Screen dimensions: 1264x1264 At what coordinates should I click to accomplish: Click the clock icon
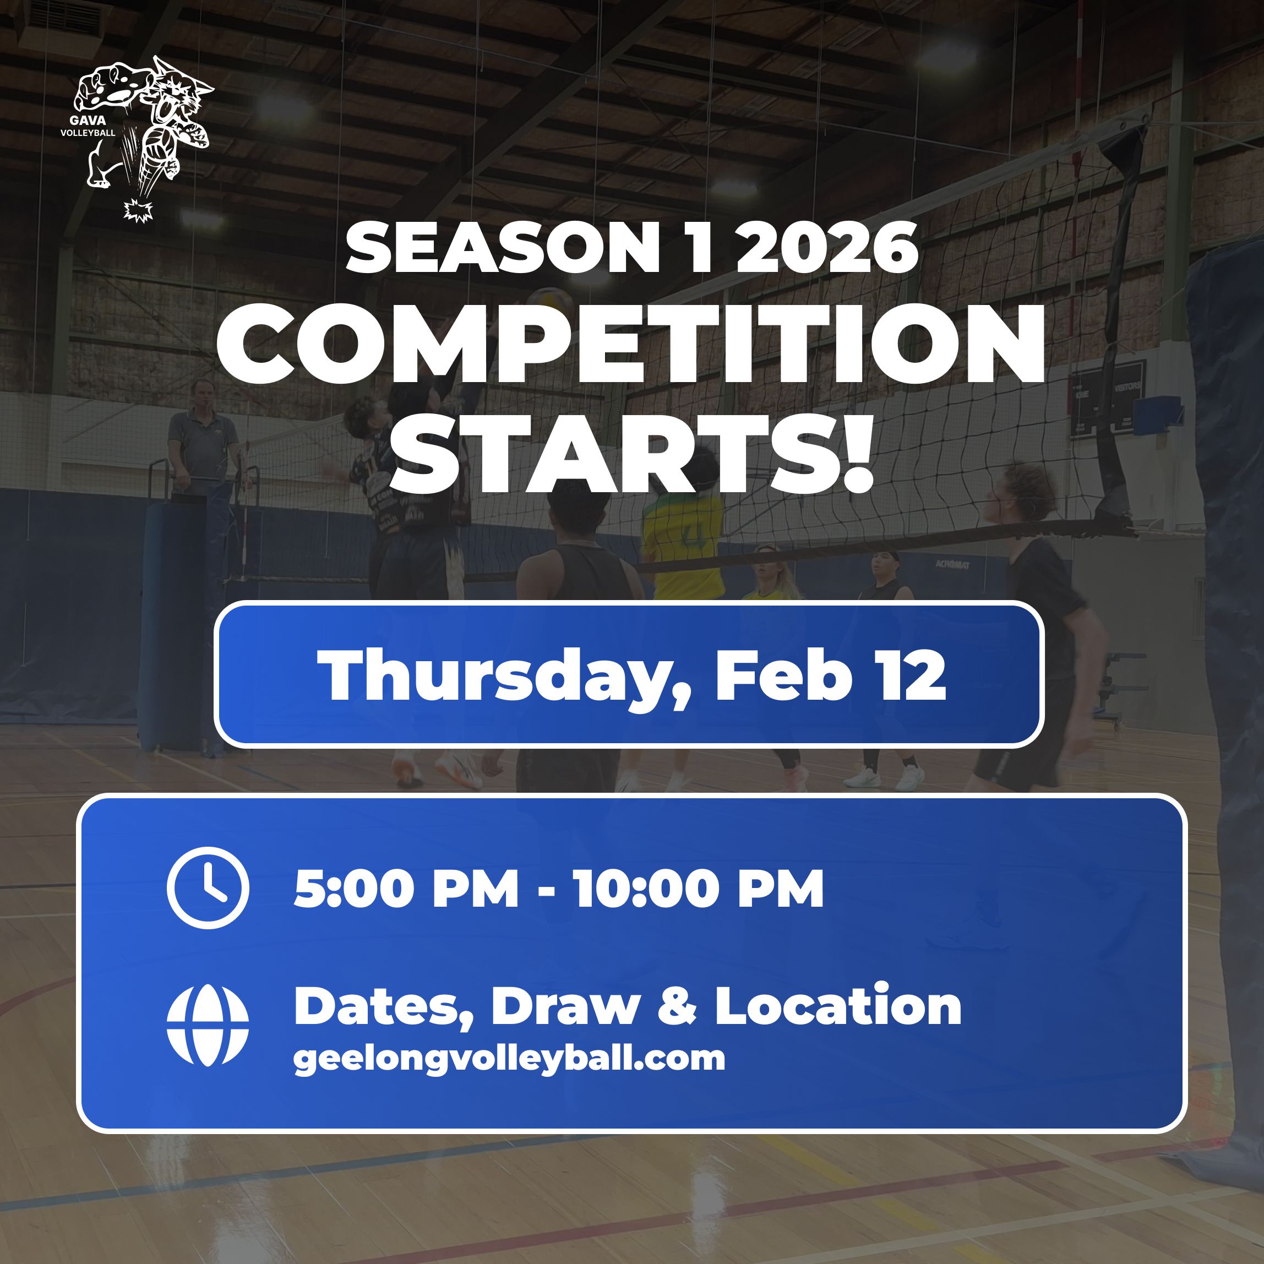[208, 888]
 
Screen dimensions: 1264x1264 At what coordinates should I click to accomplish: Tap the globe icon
[208, 1025]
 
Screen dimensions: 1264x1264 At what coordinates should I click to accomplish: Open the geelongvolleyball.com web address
[509, 1059]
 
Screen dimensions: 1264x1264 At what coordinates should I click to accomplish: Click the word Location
[837, 1006]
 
